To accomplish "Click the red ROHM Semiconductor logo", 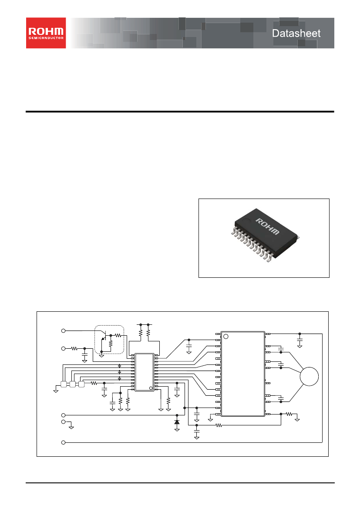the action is coord(46,33).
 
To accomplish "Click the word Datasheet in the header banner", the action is coord(296,33).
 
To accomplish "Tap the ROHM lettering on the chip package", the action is coord(267,226).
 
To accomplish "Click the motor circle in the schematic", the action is coord(309,377).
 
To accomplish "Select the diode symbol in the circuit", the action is coord(177,422).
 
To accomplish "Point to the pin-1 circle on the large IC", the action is coord(226,336).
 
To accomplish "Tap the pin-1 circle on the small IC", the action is coord(151,388).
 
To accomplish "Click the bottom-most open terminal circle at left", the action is coord(63,442).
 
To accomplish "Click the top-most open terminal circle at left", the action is coord(63,331).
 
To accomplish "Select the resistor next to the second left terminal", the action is coord(74,349).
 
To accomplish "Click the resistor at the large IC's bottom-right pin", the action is coord(289,414).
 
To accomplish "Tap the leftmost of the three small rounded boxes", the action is coord(63,384).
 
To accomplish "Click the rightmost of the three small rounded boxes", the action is coord(81,384).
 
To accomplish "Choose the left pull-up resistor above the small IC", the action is coord(141,334).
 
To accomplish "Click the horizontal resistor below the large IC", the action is coord(219,425).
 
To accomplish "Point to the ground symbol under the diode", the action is coord(177,429).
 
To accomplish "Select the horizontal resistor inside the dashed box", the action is coord(118,335).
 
